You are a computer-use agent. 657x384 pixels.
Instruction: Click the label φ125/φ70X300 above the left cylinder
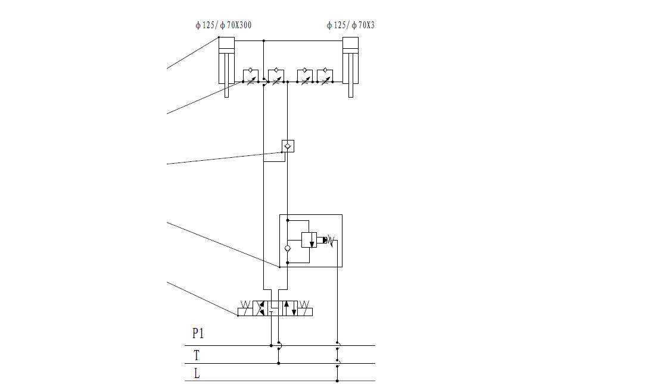[223, 26]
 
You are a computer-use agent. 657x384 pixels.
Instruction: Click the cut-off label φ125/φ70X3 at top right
[350, 26]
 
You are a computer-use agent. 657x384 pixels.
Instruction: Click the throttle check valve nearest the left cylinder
[250, 77]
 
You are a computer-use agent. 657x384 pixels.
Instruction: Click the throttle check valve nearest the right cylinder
[325, 77]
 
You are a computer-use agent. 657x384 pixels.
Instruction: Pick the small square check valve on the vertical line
[288, 146]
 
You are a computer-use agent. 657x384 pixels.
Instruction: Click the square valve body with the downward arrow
[309, 240]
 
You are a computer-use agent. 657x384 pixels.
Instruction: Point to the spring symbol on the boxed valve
[331, 241]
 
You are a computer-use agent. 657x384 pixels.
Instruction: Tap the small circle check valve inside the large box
[288, 248]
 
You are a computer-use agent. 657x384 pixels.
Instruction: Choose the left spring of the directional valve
[245, 308]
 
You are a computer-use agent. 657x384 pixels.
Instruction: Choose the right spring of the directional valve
[304, 308]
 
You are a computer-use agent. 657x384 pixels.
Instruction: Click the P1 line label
[198, 334]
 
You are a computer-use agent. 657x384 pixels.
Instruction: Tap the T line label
[197, 355]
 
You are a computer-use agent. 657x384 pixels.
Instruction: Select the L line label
[197, 374]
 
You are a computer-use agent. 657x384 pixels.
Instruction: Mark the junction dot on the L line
[337, 381]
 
